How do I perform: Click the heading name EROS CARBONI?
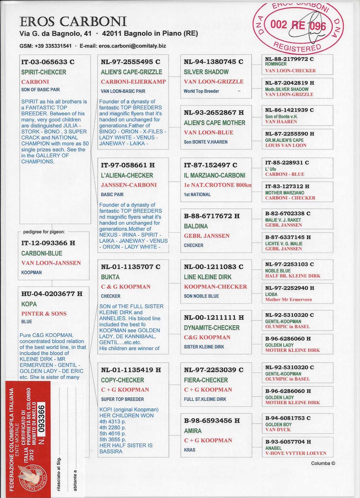pos(73,22)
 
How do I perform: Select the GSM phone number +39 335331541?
pos(53,46)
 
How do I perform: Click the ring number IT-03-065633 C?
pos(48,62)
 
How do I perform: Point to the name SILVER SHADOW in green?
pos(206,72)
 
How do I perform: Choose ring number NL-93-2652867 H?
pos(214,113)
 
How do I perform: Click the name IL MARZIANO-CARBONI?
pos(214,175)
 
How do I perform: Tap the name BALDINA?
pos(196,226)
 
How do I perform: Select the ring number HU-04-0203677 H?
pos(52,294)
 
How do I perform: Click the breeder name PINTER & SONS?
pos(44,313)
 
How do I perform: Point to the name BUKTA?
pos(110,277)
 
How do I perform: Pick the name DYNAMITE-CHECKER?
pos(211,328)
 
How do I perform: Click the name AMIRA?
pos(193,431)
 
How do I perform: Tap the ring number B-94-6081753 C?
pos(288,418)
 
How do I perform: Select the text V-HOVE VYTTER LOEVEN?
pos(296,453)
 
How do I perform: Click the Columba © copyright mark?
pos(323,463)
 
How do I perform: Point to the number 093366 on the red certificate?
pos(41,419)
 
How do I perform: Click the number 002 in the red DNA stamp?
pos(279,25)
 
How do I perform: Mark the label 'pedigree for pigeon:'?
pos(44,232)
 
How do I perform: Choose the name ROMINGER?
pos(276,64)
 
